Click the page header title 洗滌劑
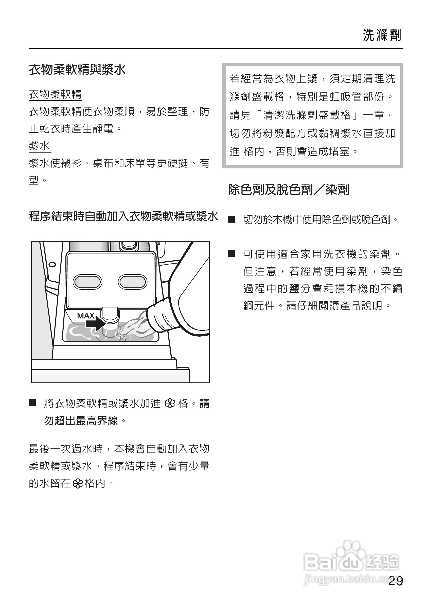click(382, 35)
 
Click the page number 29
click(396, 581)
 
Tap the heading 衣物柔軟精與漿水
click(77, 70)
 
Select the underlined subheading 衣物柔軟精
click(55, 94)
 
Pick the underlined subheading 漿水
click(40, 146)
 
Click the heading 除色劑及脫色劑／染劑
click(289, 189)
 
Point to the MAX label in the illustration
click(85, 316)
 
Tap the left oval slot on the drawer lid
click(87, 282)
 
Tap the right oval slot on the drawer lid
click(132, 282)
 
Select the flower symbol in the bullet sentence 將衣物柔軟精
click(170, 404)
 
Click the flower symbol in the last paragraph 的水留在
click(78, 483)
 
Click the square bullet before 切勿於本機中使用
click(232, 219)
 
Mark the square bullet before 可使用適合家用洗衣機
click(232, 254)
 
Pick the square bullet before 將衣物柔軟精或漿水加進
click(32, 403)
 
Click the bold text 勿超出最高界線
click(81, 421)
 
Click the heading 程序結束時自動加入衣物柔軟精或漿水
click(123, 217)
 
